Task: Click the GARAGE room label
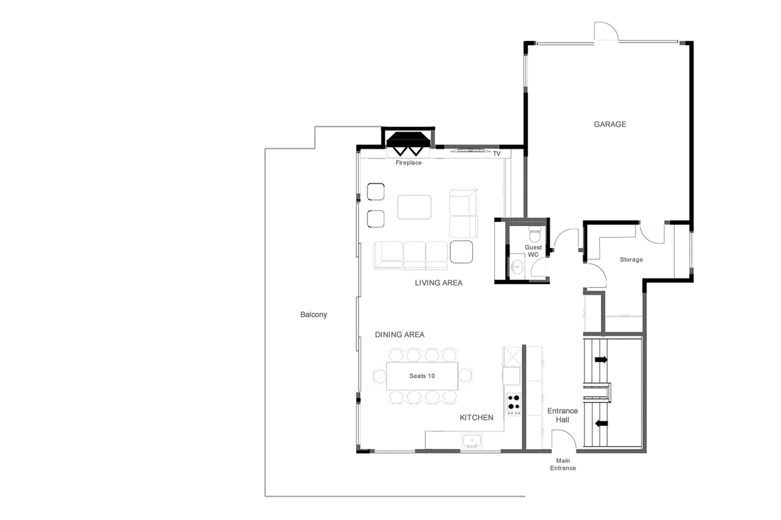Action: (x=610, y=124)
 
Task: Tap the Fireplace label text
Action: (x=408, y=163)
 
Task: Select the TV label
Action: (x=496, y=154)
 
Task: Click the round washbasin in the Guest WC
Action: (x=517, y=266)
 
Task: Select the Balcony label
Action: (x=313, y=314)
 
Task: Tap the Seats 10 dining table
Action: (x=422, y=376)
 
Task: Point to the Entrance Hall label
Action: (x=562, y=415)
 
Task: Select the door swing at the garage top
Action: (x=605, y=31)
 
